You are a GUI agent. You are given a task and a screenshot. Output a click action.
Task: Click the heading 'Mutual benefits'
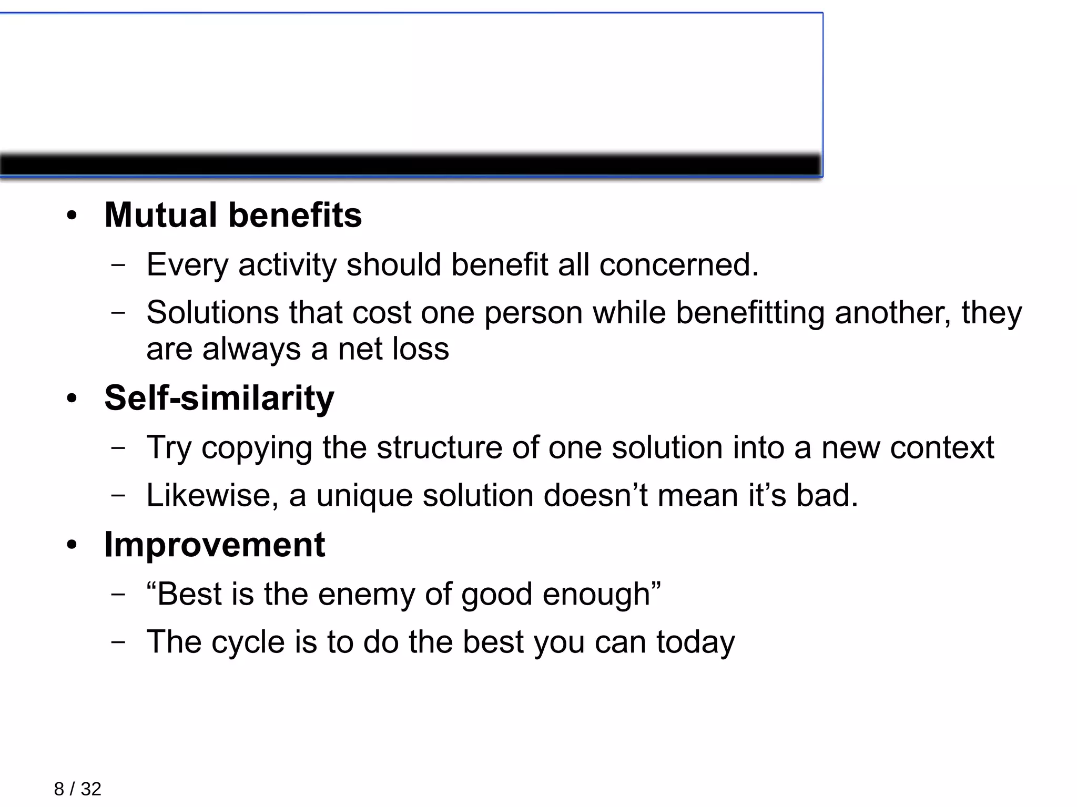pyautogui.click(x=233, y=216)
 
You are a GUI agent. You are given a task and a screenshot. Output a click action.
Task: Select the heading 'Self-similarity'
pyautogui.click(x=219, y=398)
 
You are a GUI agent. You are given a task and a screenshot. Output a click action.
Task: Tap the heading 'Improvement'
pyautogui.click(x=215, y=545)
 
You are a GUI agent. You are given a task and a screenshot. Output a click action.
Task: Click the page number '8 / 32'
pyautogui.click(x=77, y=789)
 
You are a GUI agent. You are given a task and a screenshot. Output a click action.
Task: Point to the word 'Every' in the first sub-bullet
pyautogui.click(x=187, y=265)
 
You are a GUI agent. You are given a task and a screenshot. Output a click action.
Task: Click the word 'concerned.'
pyautogui.click(x=679, y=264)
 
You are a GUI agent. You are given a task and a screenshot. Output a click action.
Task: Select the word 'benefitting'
pyautogui.click(x=749, y=313)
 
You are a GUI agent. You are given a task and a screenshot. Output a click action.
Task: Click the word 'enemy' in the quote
pyautogui.click(x=365, y=595)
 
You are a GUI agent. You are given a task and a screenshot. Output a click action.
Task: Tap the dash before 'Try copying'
pyautogui.click(x=118, y=448)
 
